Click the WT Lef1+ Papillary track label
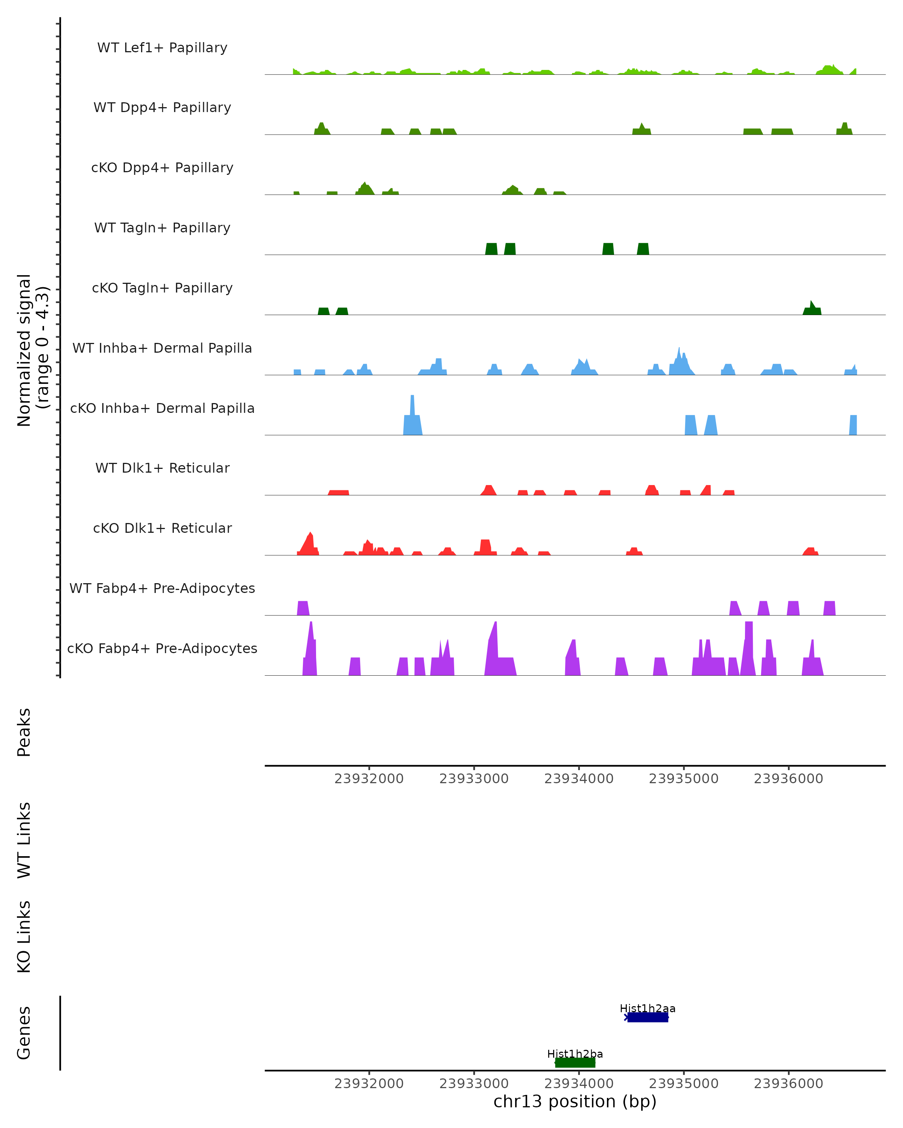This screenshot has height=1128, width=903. [162, 48]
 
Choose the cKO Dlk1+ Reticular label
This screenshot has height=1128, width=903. [162, 528]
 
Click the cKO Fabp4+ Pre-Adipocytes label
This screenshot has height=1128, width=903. [162, 648]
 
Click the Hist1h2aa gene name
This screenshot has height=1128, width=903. [648, 1008]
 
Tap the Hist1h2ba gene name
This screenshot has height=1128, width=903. [575, 1054]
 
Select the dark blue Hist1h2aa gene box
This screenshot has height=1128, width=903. [648, 1017]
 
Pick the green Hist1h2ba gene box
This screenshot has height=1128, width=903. [575, 1063]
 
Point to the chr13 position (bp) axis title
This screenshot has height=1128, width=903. [575, 1101]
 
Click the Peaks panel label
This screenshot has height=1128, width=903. [24, 732]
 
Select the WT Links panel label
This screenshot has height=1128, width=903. [24, 840]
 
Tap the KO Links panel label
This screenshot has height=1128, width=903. [24, 937]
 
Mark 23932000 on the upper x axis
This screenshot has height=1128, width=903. [369, 779]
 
